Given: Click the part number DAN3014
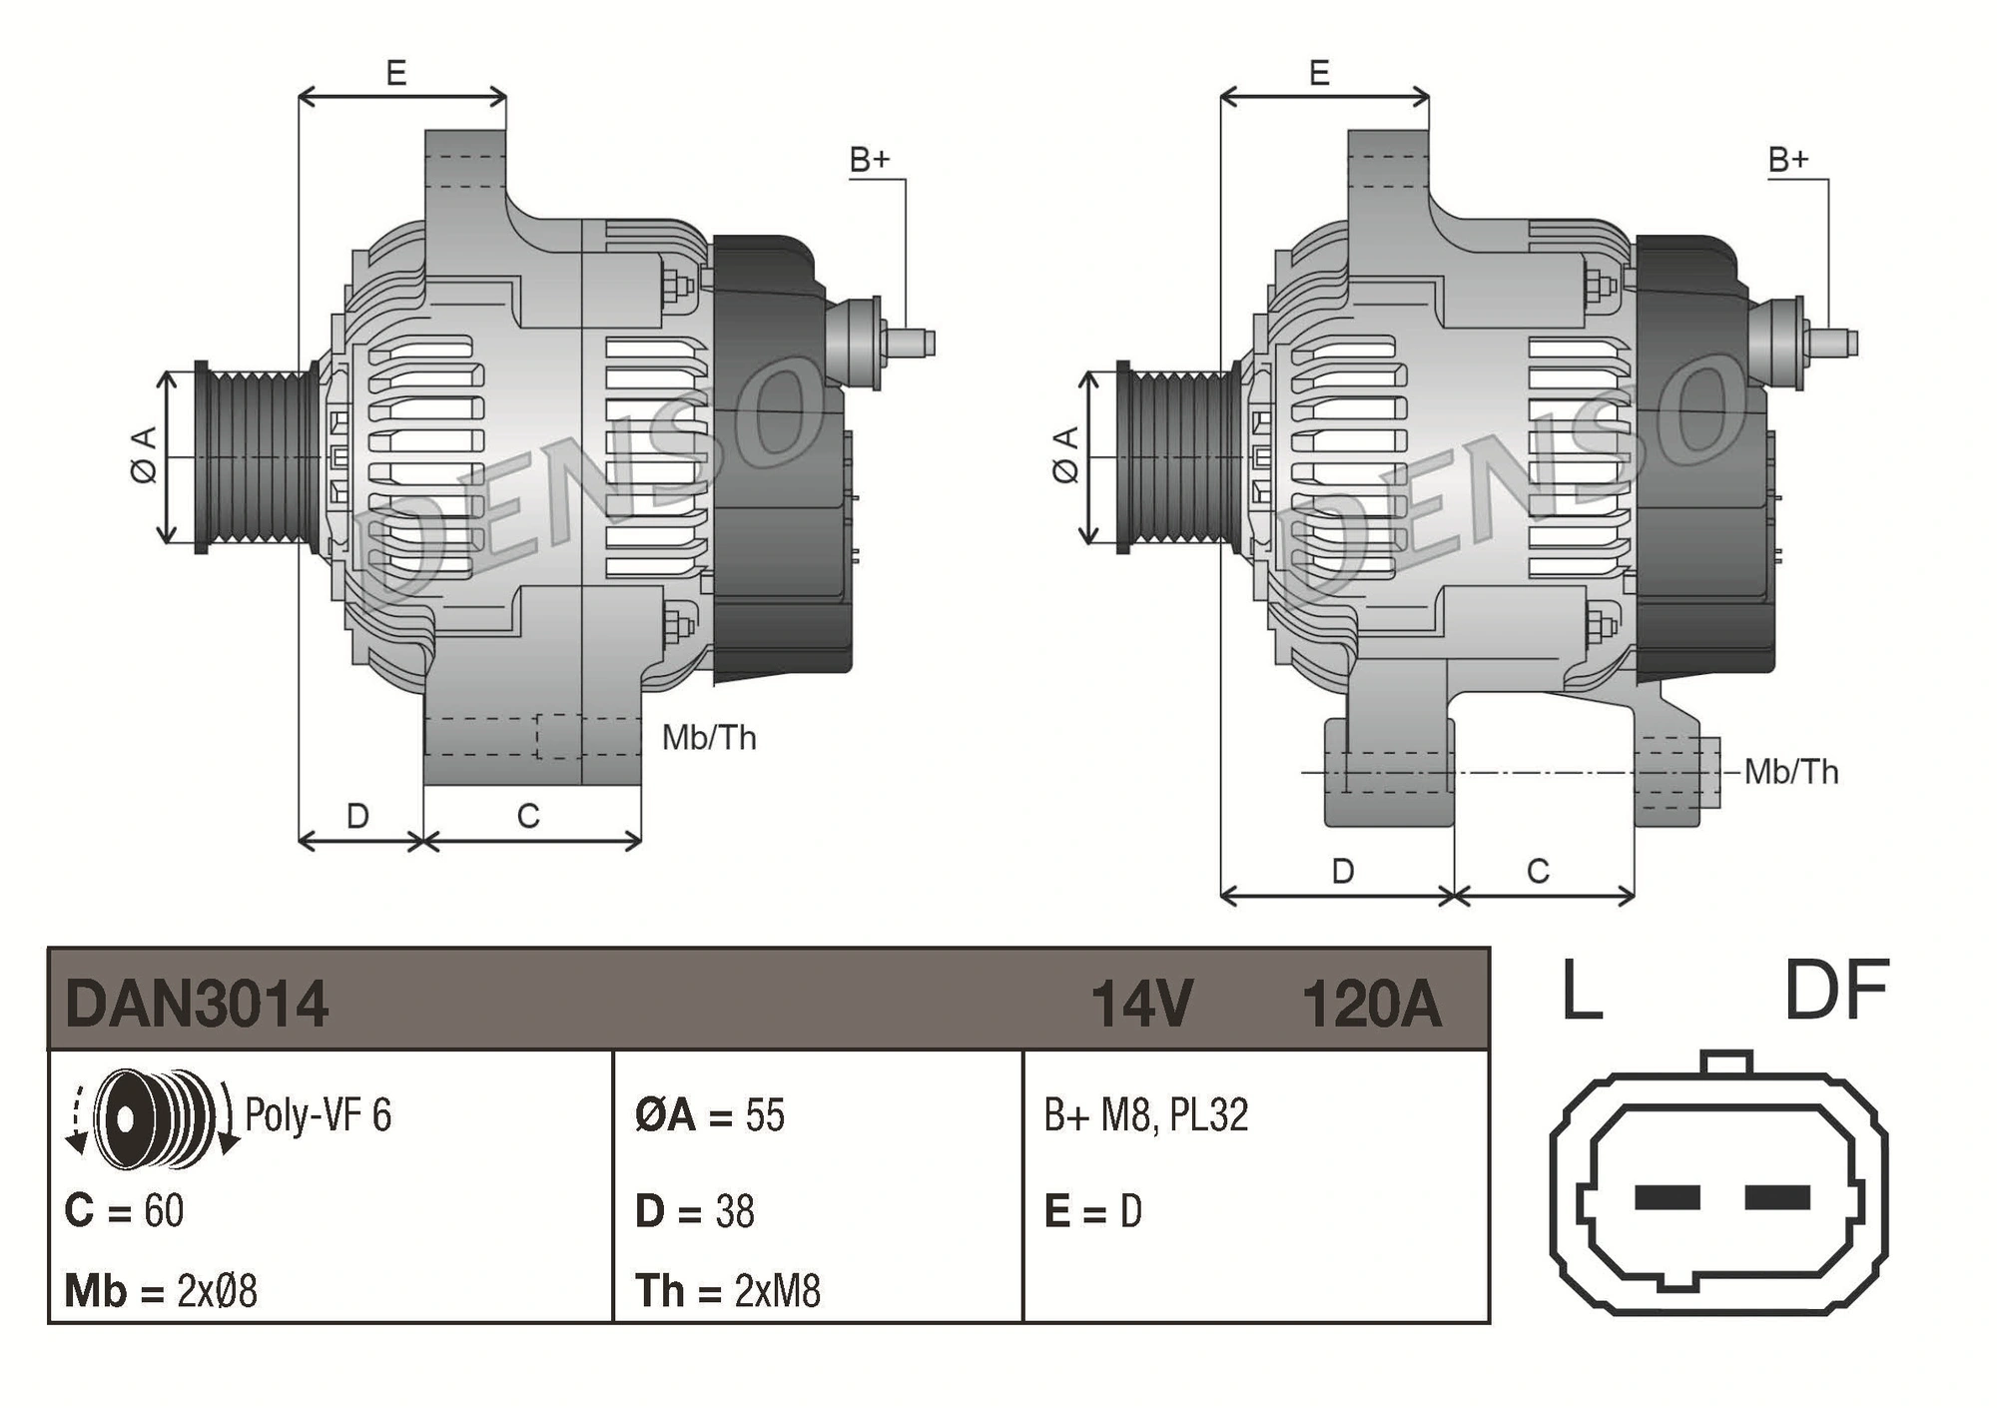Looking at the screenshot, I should pos(197,1004).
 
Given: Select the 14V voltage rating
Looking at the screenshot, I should pos(1141,1004).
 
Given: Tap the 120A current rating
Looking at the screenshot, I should pos(1372,1004).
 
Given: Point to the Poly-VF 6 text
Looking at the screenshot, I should pos(318,1115).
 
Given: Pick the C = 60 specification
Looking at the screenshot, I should pos(124,1210).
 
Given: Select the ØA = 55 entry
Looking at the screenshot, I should pos(710,1115).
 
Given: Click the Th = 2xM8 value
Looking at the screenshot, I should pos(728,1291).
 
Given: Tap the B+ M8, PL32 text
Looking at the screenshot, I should pos(1146,1115).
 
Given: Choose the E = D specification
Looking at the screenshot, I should pos(1092,1211).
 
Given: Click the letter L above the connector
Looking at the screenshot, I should pos(1582,992).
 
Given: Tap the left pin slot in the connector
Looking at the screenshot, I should pos(1666,1196).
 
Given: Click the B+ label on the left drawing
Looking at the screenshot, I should pos(869,160).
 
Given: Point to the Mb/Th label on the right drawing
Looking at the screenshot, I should pos(1791,772).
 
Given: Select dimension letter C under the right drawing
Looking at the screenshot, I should pos(1538,871).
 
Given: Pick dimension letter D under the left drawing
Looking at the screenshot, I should pos(357,816).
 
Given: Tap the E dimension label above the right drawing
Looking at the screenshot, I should pos(1319,73).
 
